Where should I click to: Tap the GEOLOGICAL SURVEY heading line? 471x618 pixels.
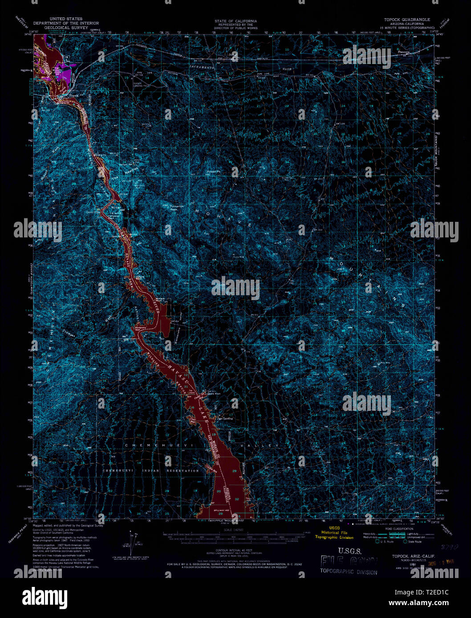[x=65, y=27]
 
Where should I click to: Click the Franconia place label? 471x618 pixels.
[x=403, y=52]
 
